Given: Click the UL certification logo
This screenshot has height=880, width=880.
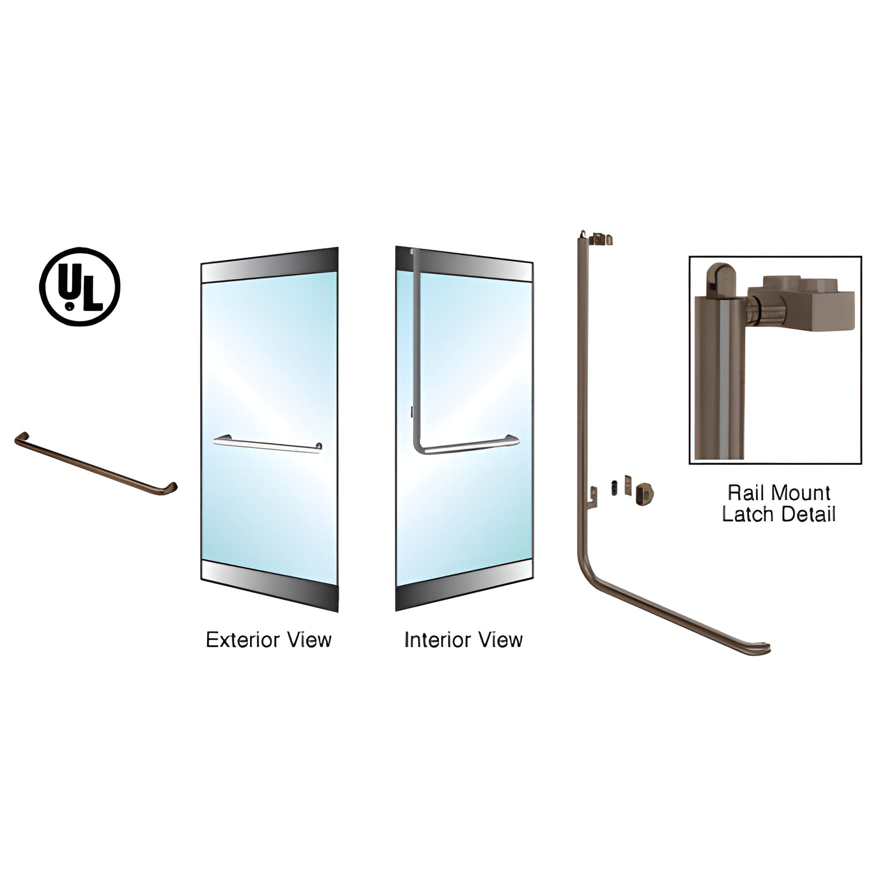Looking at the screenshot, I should pyautogui.click(x=80, y=287).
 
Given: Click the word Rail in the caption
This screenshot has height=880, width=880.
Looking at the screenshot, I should pyautogui.click(x=743, y=493).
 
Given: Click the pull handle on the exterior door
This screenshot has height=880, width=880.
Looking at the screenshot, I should pyautogui.click(x=267, y=444).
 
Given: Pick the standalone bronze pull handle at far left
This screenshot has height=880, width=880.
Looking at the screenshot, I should pyautogui.click(x=96, y=464).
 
